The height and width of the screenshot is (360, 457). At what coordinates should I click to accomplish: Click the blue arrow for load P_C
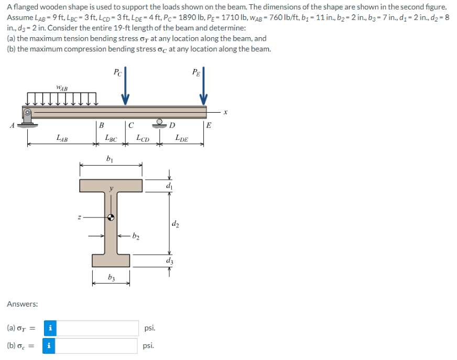[125, 86]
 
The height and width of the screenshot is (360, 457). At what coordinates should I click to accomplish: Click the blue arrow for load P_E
[203, 86]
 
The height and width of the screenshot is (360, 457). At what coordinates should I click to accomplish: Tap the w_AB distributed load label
[62, 88]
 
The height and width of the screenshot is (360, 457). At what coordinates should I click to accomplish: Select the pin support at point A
[27, 118]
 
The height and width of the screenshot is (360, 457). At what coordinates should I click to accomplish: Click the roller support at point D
[160, 123]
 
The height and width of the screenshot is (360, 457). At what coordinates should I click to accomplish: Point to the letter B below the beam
[102, 125]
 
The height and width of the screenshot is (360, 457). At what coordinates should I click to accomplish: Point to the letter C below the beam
[131, 125]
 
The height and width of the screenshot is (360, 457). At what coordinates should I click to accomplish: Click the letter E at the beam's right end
[209, 125]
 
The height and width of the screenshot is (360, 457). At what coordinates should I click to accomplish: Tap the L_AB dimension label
[62, 138]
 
